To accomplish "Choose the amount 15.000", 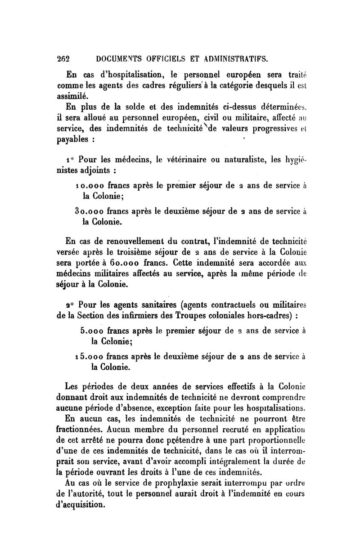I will coord(94,357).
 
